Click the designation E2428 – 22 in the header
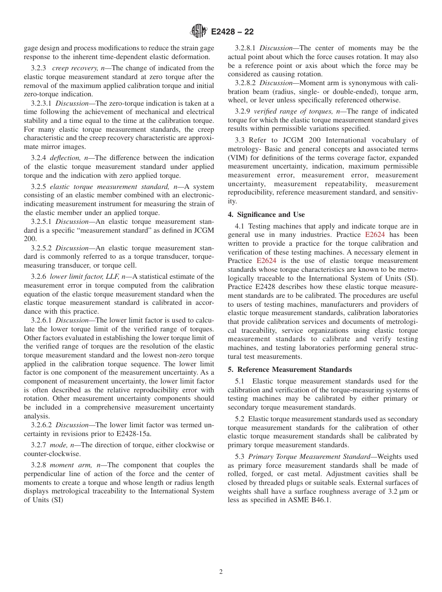(232, 32)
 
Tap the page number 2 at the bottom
(221, 572)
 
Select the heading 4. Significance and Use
(266, 215)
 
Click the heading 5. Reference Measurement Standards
(290, 370)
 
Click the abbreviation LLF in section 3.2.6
(113, 276)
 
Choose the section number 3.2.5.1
(42, 222)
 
